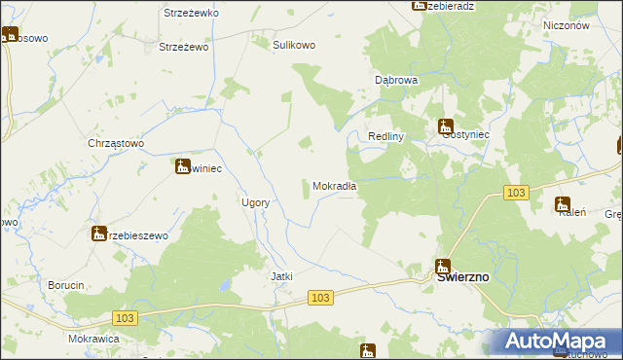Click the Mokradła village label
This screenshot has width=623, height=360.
click(x=334, y=186)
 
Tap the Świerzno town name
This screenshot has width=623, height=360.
click(x=462, y=276)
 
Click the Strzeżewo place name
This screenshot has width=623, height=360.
click(x=184, y=46)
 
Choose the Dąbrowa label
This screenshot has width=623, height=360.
click(x=396, y=80)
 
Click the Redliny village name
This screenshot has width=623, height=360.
click(x=385, y=137)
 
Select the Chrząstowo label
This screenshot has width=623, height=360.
click(x=116, y=143)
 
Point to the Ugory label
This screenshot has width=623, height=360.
click(x=254, y=202)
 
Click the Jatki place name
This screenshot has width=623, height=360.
click(x=281, y=276)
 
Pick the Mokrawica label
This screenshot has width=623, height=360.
click(x=93, y=339)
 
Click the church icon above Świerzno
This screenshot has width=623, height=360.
click(x=443, y=266)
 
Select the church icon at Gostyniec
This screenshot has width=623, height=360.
click(x=445, y=126)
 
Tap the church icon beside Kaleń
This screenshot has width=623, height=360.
click(x=562, y=203)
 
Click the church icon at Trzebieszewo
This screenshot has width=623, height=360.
click(x=99, y=234)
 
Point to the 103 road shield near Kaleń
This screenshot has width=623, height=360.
click(x=516, y=194)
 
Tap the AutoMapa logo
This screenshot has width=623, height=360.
click(x=556, y=342)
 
